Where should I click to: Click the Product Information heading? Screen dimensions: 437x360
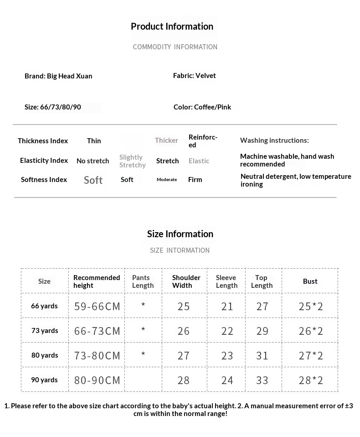(x=172, y=26)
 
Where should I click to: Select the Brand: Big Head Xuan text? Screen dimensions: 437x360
(x=58, y=76)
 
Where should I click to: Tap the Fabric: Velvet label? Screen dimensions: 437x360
(x=195, y=76)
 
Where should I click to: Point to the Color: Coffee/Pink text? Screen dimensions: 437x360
(x=202, y=107)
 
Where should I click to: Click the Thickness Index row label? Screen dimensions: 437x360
(x=43, y=141)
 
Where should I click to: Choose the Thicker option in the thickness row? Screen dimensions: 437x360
(x=166, y=140)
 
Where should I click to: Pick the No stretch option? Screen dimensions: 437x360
(x=93, y=161)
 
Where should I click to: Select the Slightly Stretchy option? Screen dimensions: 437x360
(x=132, y=161)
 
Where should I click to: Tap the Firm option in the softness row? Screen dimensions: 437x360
(x=195, y=180)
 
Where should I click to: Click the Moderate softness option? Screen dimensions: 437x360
(x=167, y=180)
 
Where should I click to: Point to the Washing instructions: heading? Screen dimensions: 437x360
(x=274, y=140)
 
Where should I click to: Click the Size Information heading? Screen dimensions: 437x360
(x=180, y=234)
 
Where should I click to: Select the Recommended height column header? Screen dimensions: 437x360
(x=97, y=281)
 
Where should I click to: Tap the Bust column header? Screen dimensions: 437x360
(x=310, y=281)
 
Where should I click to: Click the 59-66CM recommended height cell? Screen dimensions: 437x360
(x=97, y=307)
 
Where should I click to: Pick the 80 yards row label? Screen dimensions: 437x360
(x=45, y=355)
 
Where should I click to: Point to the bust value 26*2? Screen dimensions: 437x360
(x=311, y=331)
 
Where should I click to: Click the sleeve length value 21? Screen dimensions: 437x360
(x=227, y=307)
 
